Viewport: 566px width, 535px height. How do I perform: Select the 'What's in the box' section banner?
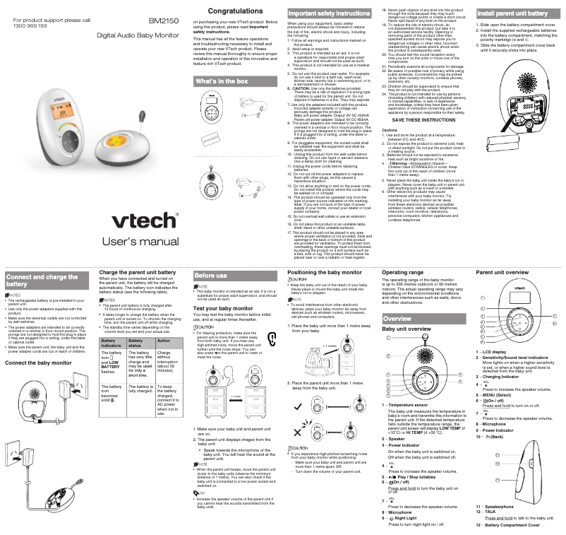pyautogui.click(x=222, y=81)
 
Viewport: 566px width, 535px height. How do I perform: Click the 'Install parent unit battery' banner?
pyautogui.click(x=513, y=13)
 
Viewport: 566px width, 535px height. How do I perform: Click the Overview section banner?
pyautogui.click(x=398, y=319)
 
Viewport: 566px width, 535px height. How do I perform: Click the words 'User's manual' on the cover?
pyautogui.click(x=141, y=223)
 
